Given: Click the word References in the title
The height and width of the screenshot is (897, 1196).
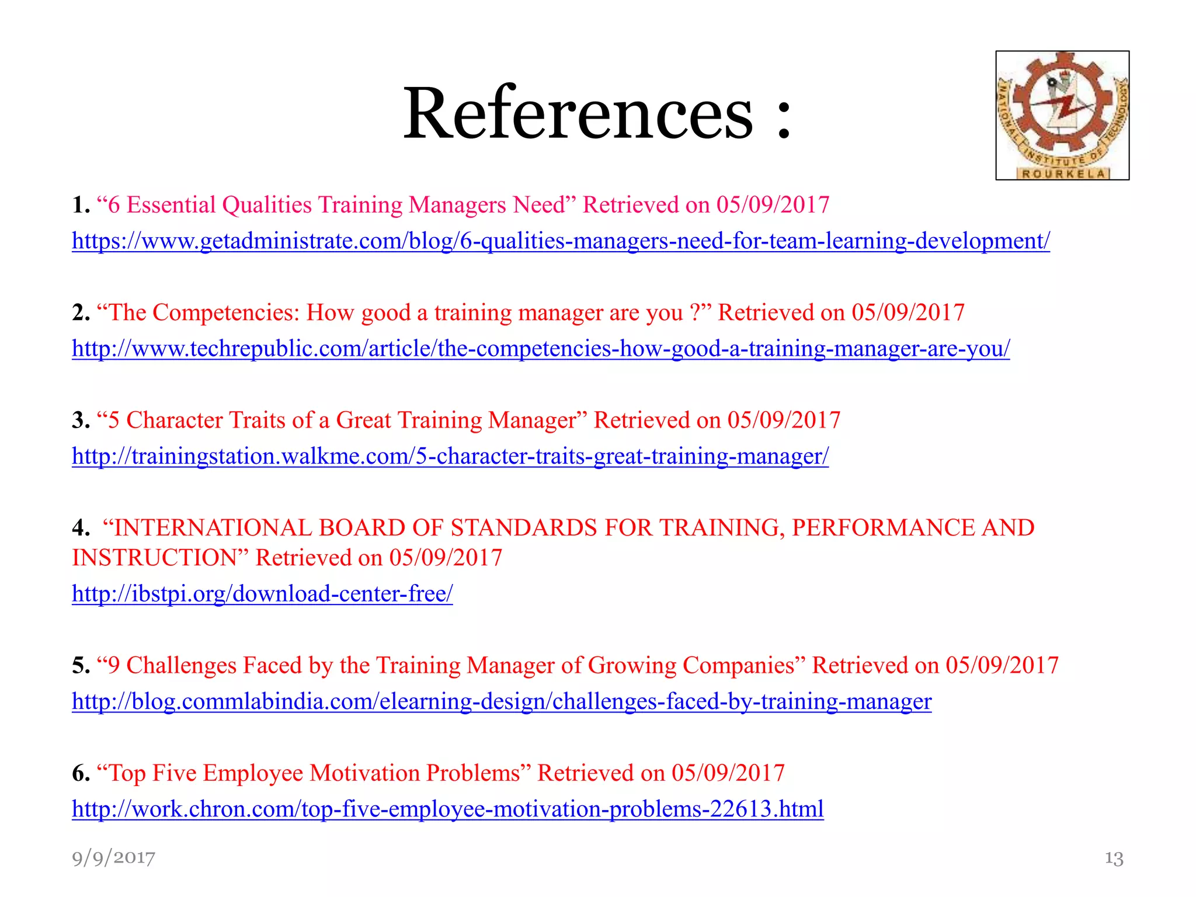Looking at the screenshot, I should click(x=578, y=113).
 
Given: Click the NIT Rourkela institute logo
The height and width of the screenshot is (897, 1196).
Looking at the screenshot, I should click(x=1062, y=116).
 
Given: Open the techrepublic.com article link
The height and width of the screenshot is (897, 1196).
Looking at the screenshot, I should click(x=541, y=349).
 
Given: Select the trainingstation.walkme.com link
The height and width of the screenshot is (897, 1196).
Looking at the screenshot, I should click(x=450, y=456).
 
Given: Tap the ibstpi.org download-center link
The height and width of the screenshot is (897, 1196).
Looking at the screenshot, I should click(x=262, y=594).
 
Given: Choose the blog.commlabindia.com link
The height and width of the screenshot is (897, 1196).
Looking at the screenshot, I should click(x=502, y=701).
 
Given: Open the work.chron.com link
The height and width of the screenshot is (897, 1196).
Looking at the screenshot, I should click(x=448, y=809).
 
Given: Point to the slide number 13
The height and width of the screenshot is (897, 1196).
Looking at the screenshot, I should click(x=1114, y=858).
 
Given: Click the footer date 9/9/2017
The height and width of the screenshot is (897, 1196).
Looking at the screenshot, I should click(x=114, y=858).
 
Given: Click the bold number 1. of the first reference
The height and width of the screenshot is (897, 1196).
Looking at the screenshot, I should click(x=81, y=206).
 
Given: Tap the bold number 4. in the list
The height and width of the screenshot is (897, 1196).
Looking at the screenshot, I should click(x=81, y=528).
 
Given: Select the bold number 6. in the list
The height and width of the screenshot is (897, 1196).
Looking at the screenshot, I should click(x=81, y=774).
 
